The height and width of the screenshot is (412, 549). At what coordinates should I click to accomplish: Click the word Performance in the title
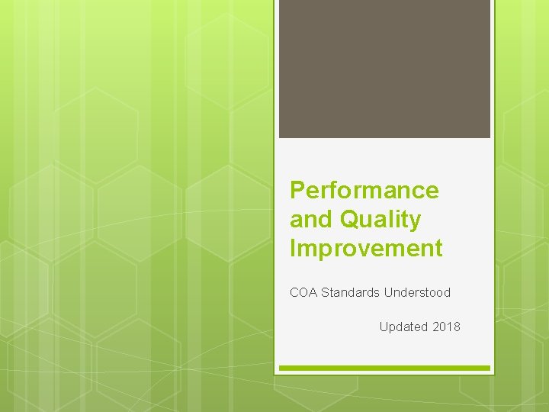pyautogui.click(x=364, y=190)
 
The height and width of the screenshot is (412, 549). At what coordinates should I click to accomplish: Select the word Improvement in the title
pyautogui.click(x=366, y=248)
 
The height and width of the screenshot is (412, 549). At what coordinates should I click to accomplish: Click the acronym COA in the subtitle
pyautogui.click(x=303, y=292)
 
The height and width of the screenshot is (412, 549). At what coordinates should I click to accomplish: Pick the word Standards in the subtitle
pyautogui.click(x=351, y=292)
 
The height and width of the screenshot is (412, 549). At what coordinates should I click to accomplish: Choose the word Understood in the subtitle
pyautogui.click(x=417, y=292)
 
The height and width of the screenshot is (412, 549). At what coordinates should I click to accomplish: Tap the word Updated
pyautogui.click(x=403, y=327)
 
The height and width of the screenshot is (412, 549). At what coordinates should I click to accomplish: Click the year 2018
pyautogui.click(x=446, y=327)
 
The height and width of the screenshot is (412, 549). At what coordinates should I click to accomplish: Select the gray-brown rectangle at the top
pyautogui.click(x=384, y=69)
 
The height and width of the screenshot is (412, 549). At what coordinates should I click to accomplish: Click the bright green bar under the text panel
pyautogui.click(x=384, y=369)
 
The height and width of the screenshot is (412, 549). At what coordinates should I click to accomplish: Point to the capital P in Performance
pyautogui.click(x=297, y=190)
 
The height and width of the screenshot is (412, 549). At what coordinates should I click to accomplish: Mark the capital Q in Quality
pyautogui.click(x=350, y=220)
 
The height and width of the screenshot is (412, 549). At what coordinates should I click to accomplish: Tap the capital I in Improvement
pyautogui.click(x=293, y=248)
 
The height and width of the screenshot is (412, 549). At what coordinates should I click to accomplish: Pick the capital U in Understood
pyautogui.click(x=388, y=292)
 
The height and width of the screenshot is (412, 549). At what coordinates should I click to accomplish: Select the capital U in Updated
pyautogui.click(x=384, y=327)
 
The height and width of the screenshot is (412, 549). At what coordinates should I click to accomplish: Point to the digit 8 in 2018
pyautogui.click(x=457, y=327)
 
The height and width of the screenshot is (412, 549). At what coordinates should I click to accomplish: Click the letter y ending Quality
pyautogui.click(x=415, y=221)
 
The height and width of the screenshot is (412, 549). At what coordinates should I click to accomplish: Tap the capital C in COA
pyautogui.click(x=294, y=292)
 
